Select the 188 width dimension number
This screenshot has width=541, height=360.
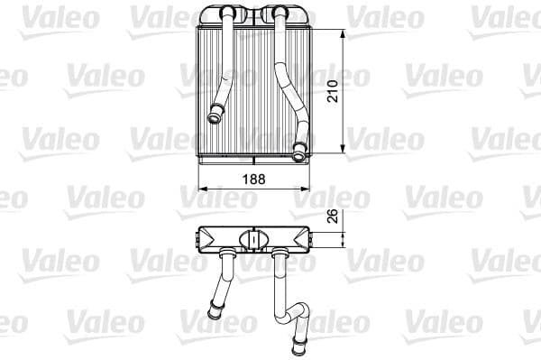pos(256,179)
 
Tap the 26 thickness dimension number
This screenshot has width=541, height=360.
pos(333,217)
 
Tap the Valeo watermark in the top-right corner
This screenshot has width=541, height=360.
pos(503,16)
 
